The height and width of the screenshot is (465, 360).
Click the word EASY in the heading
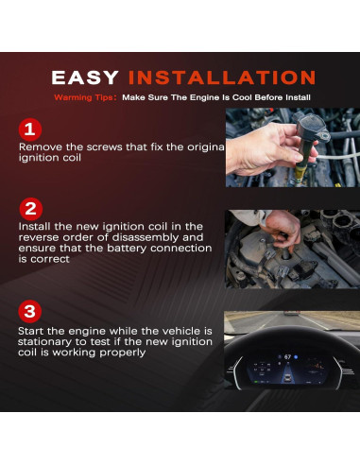[x=85, y=77]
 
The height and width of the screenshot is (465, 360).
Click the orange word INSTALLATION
[x=222, y=77]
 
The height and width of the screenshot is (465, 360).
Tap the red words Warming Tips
[x=83, y=97]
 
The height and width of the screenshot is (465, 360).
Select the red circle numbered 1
[x=30, y=129]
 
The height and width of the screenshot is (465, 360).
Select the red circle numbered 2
[x=30, y=209]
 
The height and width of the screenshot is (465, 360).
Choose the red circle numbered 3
[x=29, y=312]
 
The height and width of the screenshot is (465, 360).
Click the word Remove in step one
[x=40, y=147]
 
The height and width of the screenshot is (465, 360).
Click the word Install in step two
[x=35, y=227]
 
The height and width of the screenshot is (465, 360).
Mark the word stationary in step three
[x=44, y=342]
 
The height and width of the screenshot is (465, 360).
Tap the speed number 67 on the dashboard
[x=287, y=356]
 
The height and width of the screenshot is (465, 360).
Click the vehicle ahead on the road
[x=292, y=313]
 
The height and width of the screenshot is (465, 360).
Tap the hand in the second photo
[x=283, y=229]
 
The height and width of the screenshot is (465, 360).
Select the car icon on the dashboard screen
[x=287, y=376]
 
